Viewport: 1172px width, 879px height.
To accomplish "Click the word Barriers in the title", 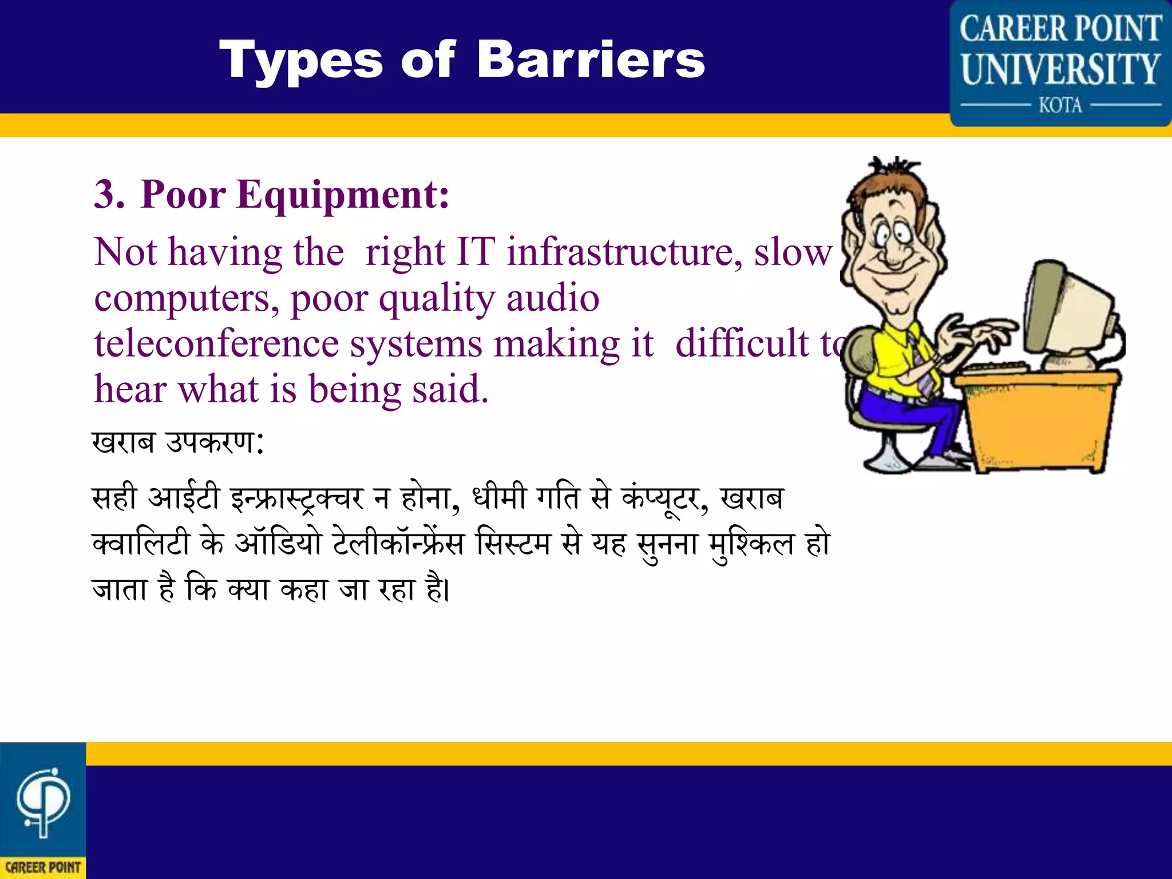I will click(x=591, y=60).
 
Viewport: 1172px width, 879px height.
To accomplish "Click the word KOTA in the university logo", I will click(x=1060, y=105).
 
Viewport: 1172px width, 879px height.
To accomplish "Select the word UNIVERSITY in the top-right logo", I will click(x=1060, y=69).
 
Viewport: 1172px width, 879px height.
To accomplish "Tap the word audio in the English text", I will click(x=553, y=298).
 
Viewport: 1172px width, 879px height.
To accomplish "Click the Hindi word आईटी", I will click(x=183, y=497).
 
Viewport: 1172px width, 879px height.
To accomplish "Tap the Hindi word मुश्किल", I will click(x=751, y=544).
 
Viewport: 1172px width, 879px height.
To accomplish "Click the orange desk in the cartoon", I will click(x=1042, y=418).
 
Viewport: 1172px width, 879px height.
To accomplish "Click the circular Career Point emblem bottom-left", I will click(x=42, y=801).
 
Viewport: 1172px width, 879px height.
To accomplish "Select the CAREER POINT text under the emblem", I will click(x=43, y=867).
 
